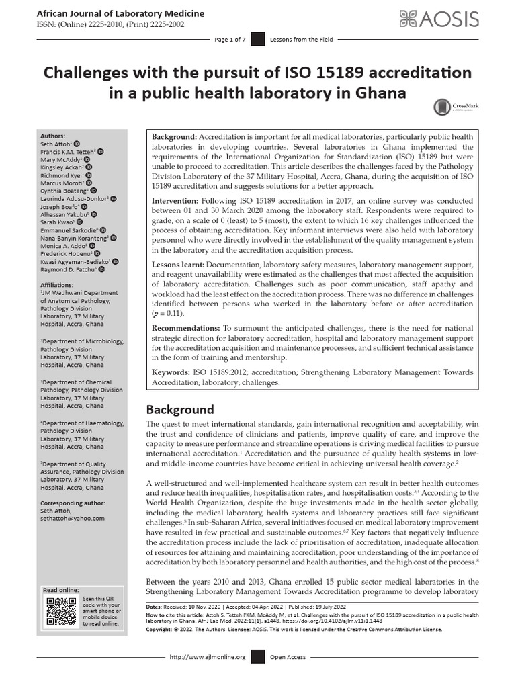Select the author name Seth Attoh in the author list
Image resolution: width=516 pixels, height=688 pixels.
[55, 144]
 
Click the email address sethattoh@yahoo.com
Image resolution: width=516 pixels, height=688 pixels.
[72, 518]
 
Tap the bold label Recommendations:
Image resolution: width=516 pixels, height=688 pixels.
[186, 327]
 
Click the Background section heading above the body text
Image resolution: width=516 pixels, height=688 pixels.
[180, 409]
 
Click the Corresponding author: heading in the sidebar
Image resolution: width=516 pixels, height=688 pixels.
[72, 503]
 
